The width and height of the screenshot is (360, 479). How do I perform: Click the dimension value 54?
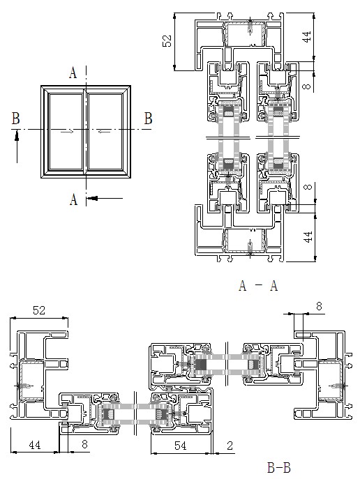tap(180, 446)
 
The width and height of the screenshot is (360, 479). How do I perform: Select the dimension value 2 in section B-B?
tap(230, 446)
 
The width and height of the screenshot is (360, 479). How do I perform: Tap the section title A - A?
tap(258, 286)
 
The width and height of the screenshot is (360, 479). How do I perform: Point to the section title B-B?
tap(278, 468)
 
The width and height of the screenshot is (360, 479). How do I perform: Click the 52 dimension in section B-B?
tap(39, 310)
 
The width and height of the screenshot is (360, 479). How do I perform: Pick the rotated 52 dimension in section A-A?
tap(167, 41)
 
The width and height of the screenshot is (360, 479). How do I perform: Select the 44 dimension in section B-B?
tap(34, 445)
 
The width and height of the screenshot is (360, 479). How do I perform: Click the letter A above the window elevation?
tap(73, 73)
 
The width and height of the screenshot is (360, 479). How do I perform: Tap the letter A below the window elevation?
tap(73, 200)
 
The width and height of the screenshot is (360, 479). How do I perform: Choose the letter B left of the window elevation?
tap(16, 119)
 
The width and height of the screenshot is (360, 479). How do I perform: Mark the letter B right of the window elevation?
tap(148, 119)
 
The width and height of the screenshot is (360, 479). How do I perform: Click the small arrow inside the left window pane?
tap(67, 132)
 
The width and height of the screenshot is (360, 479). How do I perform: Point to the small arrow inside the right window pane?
tap(104, 132)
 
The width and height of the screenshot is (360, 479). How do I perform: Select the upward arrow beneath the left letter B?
tap(17, 146)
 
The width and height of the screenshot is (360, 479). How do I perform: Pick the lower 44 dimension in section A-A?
tap(308, 237)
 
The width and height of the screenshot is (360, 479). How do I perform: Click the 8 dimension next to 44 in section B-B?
tap(84, 444)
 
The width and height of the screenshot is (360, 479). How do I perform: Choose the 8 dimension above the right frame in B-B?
tap(319, 306)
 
